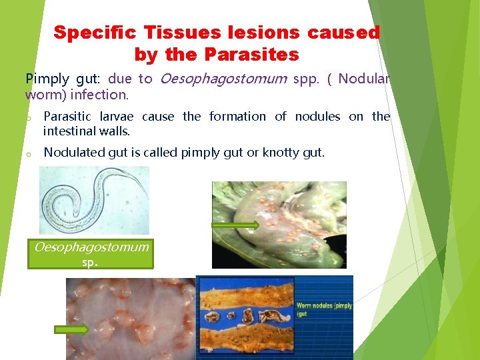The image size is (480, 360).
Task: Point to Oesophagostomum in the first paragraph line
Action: click(x=223, y=79)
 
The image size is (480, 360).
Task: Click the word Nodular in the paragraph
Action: click(x=363, y=79)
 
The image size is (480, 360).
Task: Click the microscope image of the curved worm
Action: click(x=94, y=199)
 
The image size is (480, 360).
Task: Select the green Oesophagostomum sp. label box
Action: click(x=91, y=254)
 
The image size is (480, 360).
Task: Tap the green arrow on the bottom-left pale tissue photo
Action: click(x=71, y=329)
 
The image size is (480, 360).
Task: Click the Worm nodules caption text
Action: click(x=323, y=308)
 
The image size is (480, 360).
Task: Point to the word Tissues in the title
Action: click(x=181, y=33)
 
